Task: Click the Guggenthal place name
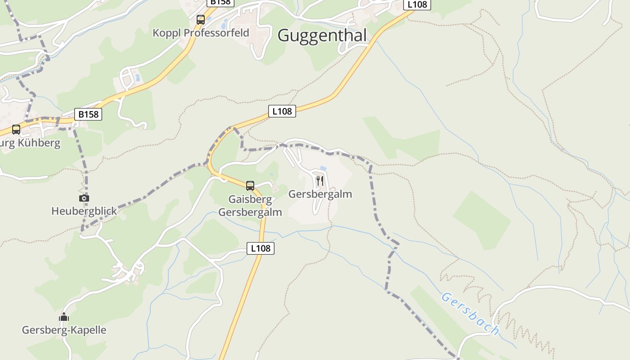(x=322, y=35)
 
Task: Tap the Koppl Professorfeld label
(x=201, y=33)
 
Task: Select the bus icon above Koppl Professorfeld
(x=201, y=20)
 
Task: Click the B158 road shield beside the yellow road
(x=88, y=114)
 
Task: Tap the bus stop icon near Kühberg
(x=16, y=130)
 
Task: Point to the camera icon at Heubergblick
(x=84, y=198)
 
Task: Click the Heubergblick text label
(x=84, y=211)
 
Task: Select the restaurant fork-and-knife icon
(x=320, y=181)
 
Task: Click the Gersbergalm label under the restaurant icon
(x=320, y=194)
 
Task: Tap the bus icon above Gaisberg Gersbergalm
(x=250, y=185)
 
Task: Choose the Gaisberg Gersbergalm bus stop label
(x=250, y=206)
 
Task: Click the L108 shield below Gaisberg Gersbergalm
(x=261, y=248)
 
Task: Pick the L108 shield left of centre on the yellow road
(x=282, y=111)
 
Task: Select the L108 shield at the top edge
(x=417, y=4)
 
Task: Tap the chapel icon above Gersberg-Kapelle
(x=64, y=317)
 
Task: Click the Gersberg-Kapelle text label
(x=64, y=330)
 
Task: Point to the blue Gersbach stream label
(x=470, y=314)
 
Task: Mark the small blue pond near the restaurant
(x=323, y=168)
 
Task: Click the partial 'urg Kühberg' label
(x=30, y=144)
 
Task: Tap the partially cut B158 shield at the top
(x=220, y=2)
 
